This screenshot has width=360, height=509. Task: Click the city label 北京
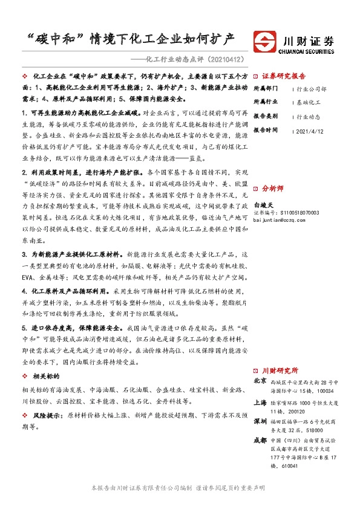[260, 381]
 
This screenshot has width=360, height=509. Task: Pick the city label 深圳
[260, 420]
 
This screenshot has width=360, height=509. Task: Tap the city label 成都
[260, 439]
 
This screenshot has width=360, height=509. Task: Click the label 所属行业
[264, 101]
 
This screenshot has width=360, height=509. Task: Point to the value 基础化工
[309, 101]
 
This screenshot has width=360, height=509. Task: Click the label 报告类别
[264, 115]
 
